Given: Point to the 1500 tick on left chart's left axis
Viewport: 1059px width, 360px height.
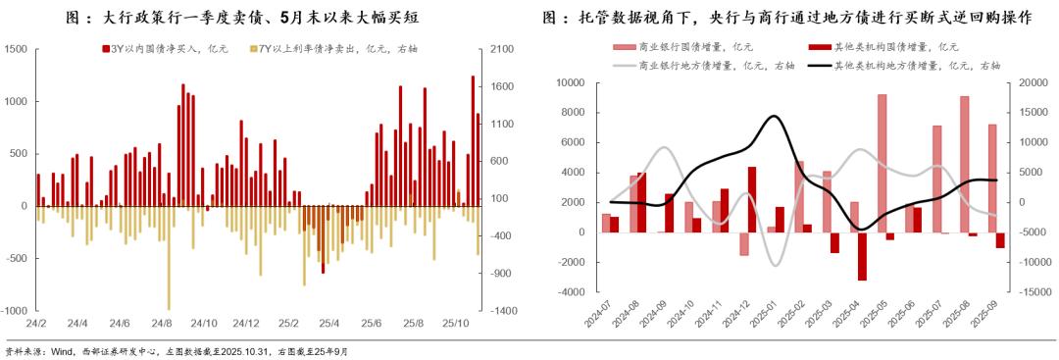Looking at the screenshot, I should coord(16,49).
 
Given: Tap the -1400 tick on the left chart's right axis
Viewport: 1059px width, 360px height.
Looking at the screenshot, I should coord(503,311).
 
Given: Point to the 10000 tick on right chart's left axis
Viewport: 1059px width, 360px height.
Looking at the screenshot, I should coord(569,83).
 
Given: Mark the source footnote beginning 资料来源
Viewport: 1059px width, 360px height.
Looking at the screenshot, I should coord(176,351).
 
